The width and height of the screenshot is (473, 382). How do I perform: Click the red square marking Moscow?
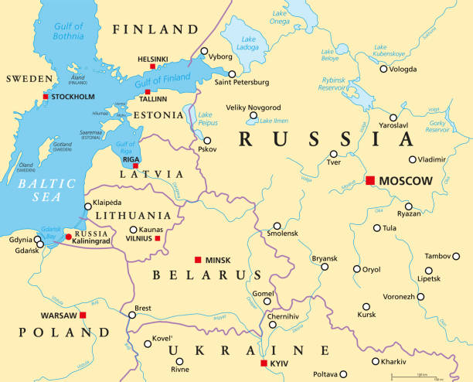[370, 180]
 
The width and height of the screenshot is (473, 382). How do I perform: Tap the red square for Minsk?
[198, 260]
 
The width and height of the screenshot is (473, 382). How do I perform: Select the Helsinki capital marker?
[152, 67]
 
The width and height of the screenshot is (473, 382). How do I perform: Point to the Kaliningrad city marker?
[68, 237]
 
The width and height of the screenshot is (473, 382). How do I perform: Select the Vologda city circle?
[383, 69]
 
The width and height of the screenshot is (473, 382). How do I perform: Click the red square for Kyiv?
[264, 363]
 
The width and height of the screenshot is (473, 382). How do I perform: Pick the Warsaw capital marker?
[83, 315]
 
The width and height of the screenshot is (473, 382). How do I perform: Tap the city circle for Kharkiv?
[376, 361]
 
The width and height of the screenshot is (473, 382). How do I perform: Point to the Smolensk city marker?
[277, 226]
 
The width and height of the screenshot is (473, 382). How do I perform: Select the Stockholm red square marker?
[46, 97]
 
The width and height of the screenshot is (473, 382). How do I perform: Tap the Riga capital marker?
[135, 165]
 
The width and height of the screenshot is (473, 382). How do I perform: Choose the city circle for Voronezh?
[420, 296]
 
